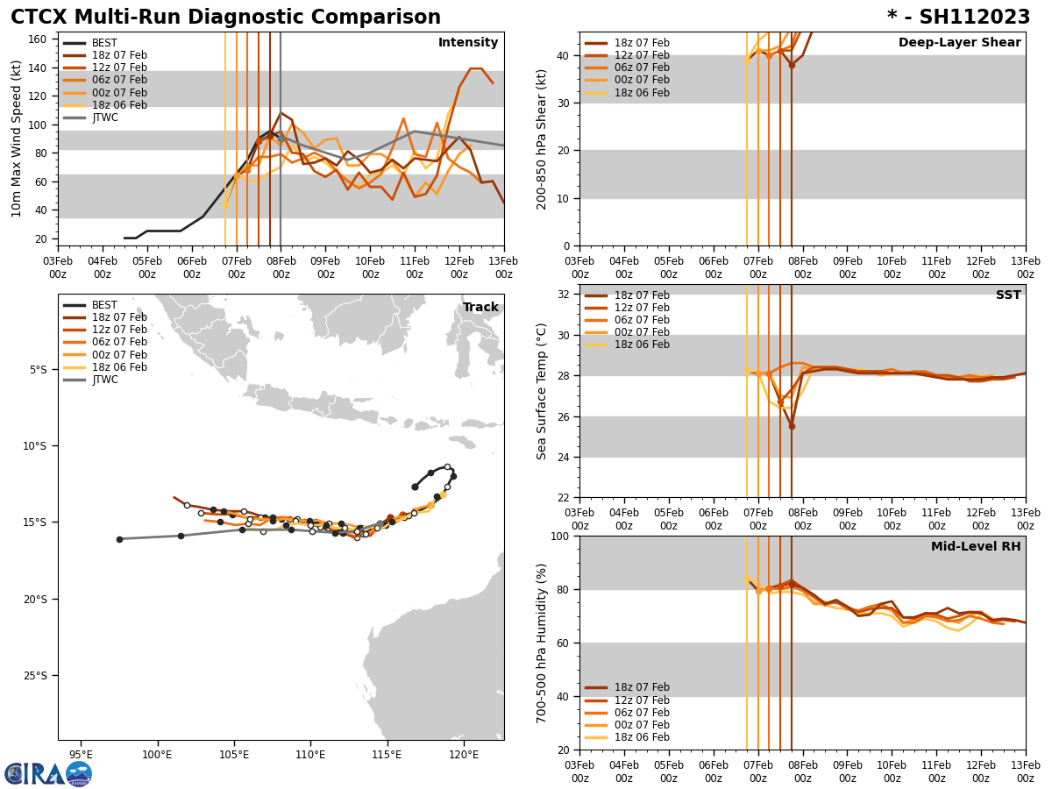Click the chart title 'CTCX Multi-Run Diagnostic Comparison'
point(225,18)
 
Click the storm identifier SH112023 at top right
point(958,18)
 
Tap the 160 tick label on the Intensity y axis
point(39,39)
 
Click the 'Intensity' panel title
point(468,43)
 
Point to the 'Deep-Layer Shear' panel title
point(959,43)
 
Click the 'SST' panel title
point(1008,295)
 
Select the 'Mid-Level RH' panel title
point(976,547)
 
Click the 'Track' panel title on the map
point(480,308)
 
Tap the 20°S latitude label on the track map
point(36,600)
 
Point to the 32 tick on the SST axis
point(565,295)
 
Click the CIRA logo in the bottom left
point(48,773)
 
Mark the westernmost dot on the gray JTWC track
point(119,539)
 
